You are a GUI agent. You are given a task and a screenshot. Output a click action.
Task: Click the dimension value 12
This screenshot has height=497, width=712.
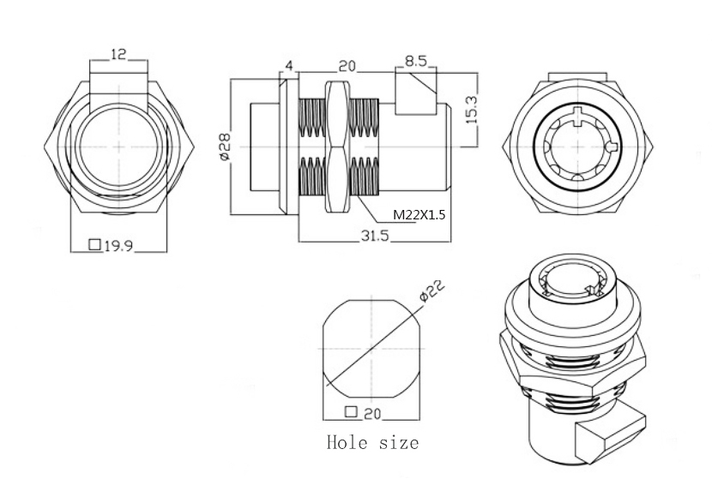tap(118, 54)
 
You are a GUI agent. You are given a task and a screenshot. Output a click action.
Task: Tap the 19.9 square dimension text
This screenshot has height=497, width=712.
tap(120, 246)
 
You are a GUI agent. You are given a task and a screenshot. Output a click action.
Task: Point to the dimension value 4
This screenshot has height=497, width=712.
tap(289, 66)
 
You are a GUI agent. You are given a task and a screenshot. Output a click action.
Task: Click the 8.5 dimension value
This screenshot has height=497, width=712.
tap(416, 62)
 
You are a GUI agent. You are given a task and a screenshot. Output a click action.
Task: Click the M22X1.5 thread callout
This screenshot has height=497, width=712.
tap(419, 215)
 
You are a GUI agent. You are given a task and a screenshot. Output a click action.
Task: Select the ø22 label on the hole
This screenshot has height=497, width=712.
tap(434, 293)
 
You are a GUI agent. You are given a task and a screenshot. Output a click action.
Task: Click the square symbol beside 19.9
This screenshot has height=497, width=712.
tap(95, 246)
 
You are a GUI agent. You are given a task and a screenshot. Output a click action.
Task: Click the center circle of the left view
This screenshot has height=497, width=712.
tap(118, 146)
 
